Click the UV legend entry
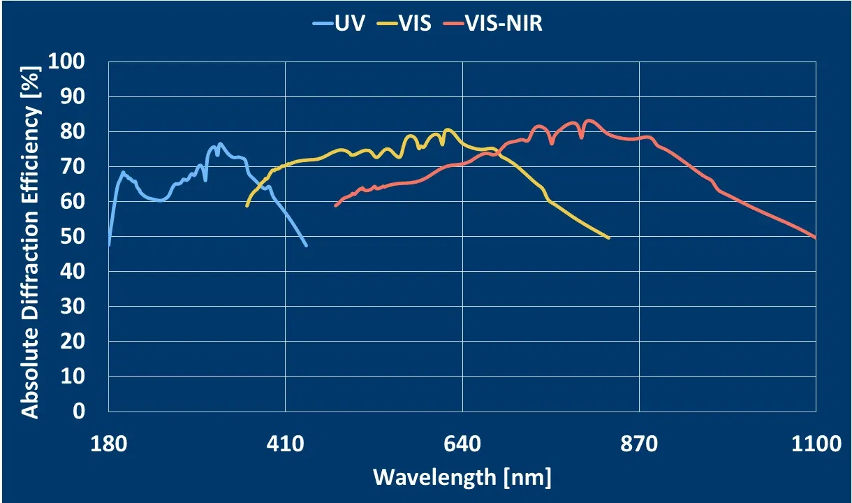[x=339, y=23]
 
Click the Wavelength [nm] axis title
[x=462, y=478]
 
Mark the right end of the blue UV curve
[x=306, y=245]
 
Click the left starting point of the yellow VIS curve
[x=247, y=205]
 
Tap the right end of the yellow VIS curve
[x=609, y=238]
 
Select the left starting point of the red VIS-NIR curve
[x=336, y=205]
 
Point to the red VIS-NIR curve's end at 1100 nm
[x=815, y=237]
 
